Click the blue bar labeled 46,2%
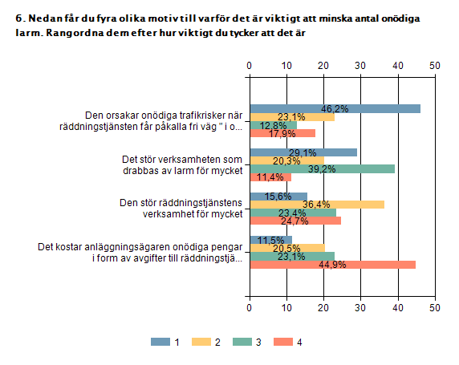(335, 108)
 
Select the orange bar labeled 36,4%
(317, 205)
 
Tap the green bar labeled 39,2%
(323, 169)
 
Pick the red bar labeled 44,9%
(333, 265)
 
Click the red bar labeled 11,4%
(270, 177)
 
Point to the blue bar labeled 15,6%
(278, 197)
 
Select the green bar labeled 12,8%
(274, 125)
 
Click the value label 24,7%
(294, 221)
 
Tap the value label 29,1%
(303, 152)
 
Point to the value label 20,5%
(286, 249)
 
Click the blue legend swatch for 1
(160, 342)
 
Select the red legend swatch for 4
(283, 342)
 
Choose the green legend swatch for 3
(242, 342)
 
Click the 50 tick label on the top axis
(435, 66)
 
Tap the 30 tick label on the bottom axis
(360, 307)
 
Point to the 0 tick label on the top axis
(249, 66)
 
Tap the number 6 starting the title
(19, 18)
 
